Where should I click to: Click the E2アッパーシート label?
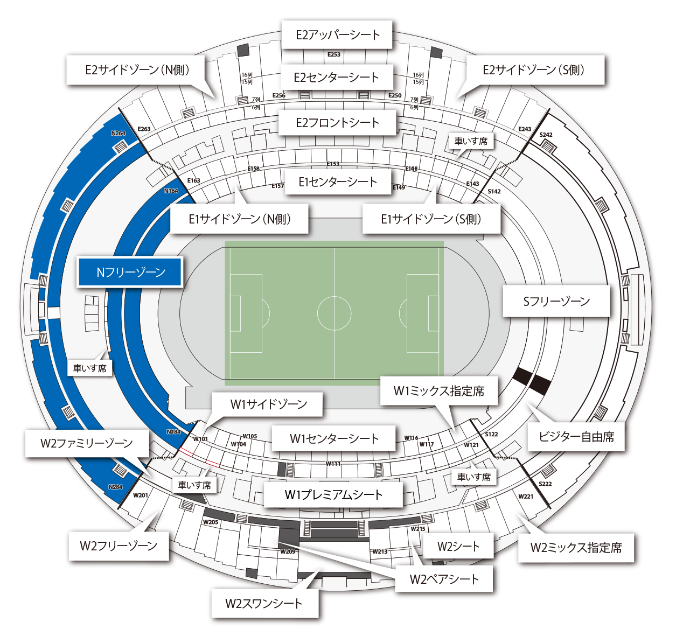pos(337,35)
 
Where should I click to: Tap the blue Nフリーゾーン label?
pos(130,272)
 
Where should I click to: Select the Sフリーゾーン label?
pos(556,301)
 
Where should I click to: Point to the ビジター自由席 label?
pos(576,436)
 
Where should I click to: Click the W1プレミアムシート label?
pos(333,494)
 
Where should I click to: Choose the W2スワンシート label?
pos(264,603)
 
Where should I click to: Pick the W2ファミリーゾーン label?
pos(87,443)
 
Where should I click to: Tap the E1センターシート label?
pos(338,182)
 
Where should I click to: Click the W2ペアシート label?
pos(444,579)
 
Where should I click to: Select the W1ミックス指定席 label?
pos(438,391)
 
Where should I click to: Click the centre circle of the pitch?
pos(334,313)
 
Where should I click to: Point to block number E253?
pos(334,54)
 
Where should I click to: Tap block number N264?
pos(118,133)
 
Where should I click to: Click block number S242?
pos(546,135)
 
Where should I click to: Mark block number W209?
pos(288,551)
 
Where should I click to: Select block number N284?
pos(115,487)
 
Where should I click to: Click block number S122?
pos(491,434)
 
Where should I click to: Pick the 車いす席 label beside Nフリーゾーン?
pos(90,368)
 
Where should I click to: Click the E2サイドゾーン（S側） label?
pos(533,70)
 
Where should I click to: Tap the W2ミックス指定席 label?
pos(576,548)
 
